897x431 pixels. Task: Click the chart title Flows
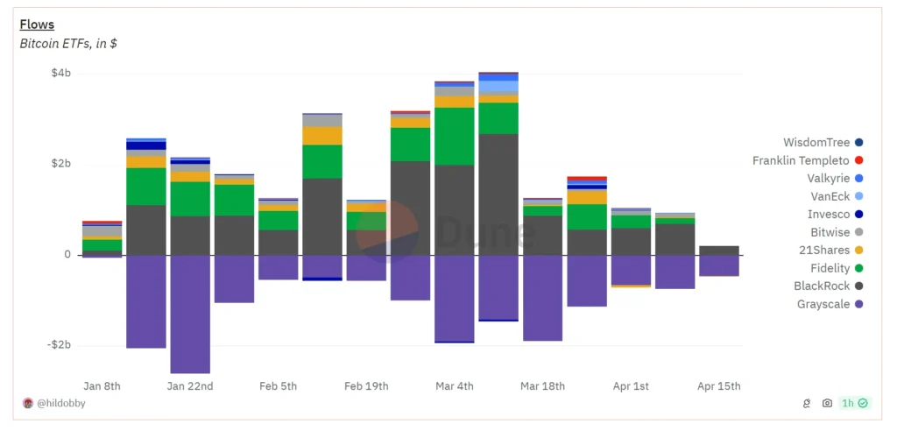[37, 25]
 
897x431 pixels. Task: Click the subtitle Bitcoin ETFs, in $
[68, 43]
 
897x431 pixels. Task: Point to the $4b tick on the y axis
[60, 74]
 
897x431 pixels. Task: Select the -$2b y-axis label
[58, 345]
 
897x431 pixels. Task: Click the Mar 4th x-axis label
[454, 386]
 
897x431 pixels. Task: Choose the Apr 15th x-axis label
[718, 386]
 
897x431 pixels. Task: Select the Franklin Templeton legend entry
[801, 160]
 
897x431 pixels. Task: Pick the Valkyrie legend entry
[827, 178]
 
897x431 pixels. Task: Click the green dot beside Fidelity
[858, 268]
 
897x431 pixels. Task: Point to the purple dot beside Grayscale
[858, 304]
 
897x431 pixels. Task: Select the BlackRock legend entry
[822, 286]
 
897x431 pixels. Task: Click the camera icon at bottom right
[827, 403]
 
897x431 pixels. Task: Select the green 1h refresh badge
[853, 403]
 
